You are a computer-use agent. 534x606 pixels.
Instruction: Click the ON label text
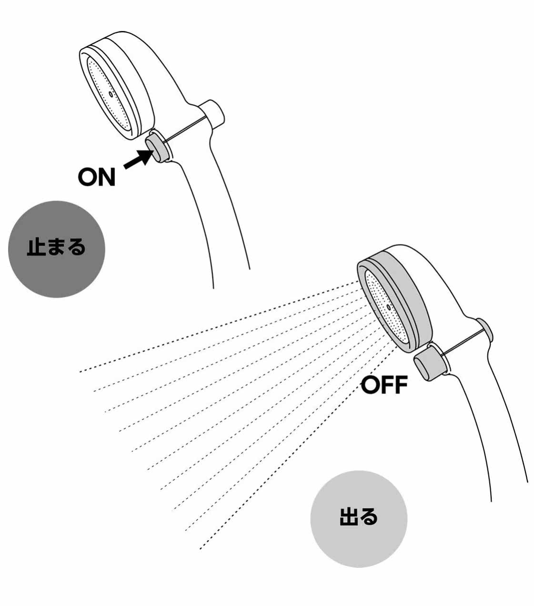click(x=97, y=177)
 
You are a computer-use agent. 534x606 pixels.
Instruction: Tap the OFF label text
click(x=384, y=385)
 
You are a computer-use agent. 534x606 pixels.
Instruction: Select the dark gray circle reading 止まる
click(x=57, y=249)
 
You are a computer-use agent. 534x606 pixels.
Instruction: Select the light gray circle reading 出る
click(x=358, y=518)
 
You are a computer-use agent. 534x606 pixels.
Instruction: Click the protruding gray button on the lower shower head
click(x=428, y=364)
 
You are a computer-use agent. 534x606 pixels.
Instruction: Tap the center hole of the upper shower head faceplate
click(x=111, y=94)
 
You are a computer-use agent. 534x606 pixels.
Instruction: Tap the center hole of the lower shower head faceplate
click(x=389, y=308)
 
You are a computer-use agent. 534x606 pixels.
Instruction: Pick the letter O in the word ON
click(x=88, y=177)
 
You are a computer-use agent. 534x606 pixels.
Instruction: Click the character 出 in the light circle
click(x=347, y=518)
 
